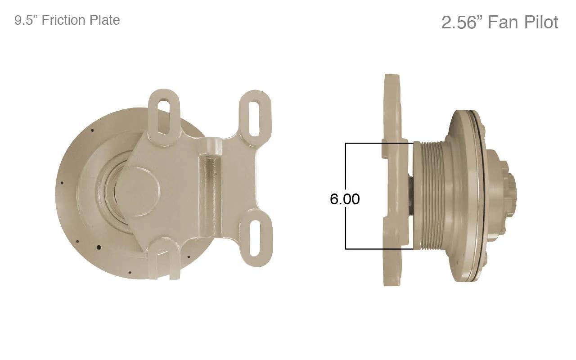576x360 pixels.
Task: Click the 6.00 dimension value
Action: pos(345,199)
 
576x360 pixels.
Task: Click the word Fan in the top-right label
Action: pos(504,22)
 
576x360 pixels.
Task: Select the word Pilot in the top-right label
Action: pos(541,22)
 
